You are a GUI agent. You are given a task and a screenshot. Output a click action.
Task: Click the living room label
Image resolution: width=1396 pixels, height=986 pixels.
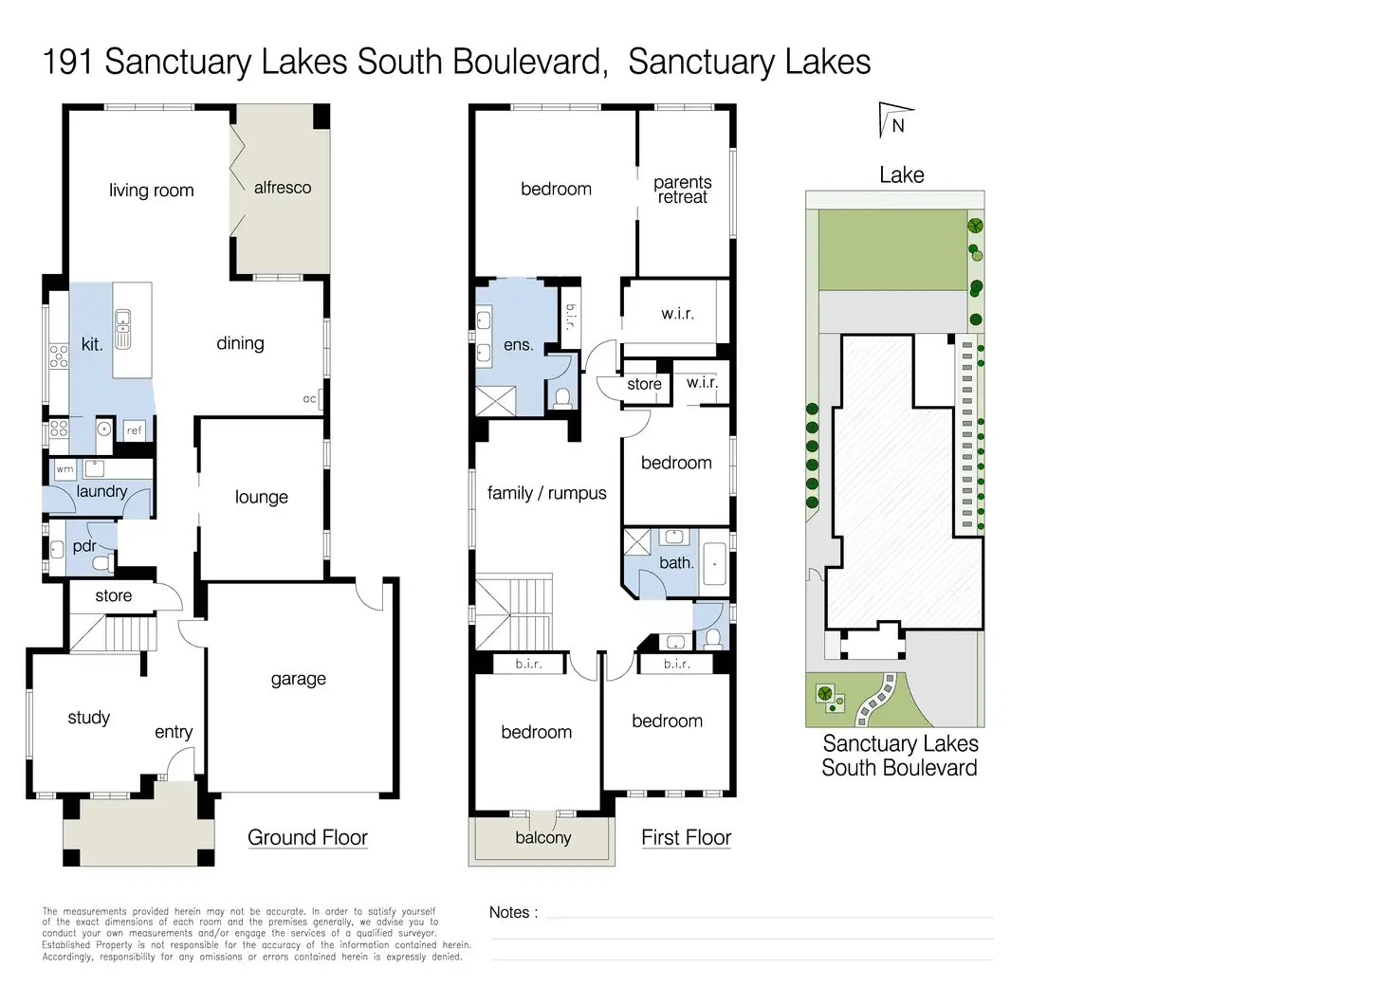point(151,191)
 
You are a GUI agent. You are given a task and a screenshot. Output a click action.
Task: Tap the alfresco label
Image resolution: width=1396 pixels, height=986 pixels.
point(283,188)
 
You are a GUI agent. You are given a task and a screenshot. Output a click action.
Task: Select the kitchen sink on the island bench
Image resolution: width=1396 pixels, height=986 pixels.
point(122,329)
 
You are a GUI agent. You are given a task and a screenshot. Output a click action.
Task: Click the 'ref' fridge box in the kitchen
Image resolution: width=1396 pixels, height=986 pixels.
point(135,430)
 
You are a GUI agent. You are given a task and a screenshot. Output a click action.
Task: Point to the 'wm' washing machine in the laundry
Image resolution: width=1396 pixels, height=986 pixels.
point(64,469)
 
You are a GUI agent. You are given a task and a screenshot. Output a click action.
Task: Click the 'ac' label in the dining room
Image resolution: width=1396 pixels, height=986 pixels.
point(309,399)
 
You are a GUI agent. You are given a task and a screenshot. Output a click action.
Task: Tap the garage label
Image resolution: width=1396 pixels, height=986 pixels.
point(298,679)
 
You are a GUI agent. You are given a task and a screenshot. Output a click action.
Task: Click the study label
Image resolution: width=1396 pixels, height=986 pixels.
point(88,718)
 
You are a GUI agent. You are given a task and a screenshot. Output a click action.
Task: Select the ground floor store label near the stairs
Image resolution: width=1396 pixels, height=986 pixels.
point(113,596)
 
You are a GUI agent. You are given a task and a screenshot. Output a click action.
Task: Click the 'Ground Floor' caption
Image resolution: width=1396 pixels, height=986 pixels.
point(307,838)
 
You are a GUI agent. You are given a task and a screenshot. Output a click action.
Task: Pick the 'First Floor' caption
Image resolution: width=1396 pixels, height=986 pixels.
point(686,838)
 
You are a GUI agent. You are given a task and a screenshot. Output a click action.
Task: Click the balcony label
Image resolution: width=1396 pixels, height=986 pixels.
point(542,838)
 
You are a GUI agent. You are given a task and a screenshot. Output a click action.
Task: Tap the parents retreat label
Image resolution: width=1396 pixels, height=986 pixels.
point(683,190)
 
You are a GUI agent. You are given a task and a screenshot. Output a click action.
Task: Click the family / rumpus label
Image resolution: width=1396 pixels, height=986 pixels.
point(546,493)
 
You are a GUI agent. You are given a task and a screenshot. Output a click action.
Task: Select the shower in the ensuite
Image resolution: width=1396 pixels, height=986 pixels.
point(495,400)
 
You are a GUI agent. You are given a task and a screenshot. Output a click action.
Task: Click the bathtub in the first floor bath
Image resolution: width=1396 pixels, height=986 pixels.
point(714,564)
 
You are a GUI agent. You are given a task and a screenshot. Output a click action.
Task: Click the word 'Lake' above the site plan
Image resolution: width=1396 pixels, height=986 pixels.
point(901,175)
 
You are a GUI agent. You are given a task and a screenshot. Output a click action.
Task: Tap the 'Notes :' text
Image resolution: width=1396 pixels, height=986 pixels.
point(513,912)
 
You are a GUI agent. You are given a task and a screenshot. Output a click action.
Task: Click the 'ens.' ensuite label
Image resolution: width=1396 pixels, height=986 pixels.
point(518,345)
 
